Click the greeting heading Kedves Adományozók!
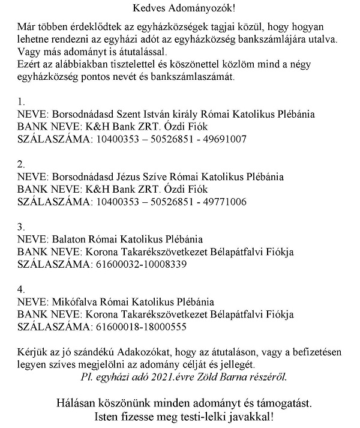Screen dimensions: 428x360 pyautogui.click(x=179, y=8)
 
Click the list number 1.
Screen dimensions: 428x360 pyautogui.click(x=21, y=101)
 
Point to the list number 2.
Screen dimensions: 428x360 pyautogui.click(x=21, y=163)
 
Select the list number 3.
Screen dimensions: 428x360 pyautogui.click(x=21, y=226)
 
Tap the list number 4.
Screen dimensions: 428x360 pyautogui.click(x=21, y=289)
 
